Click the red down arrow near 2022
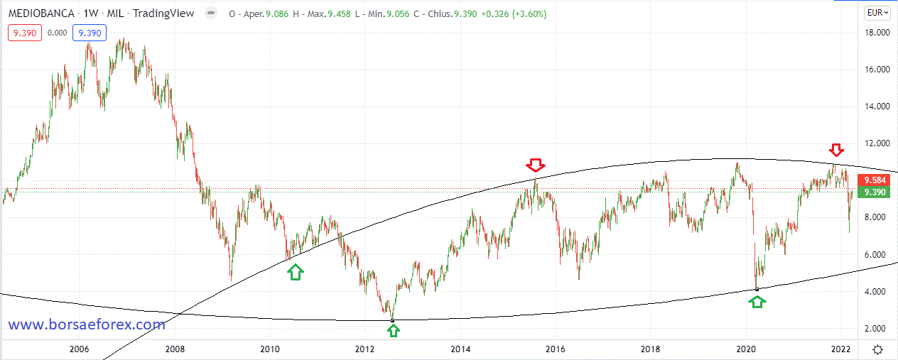(x=836, y=150)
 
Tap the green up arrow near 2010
(x=296, y=271)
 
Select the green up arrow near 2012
(x=393, y=329)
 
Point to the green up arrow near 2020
(x=758, y=301)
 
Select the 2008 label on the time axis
(x=174, y=349)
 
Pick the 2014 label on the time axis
(x=460, y=349)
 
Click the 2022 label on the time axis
(x=841, y=349)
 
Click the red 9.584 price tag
(x=872, y=180)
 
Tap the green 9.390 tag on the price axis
(x=872, y=192)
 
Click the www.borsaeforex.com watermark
(x=87, y=324)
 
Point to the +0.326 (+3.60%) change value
(x=510, y=13)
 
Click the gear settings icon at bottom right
(x=878, y=349)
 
